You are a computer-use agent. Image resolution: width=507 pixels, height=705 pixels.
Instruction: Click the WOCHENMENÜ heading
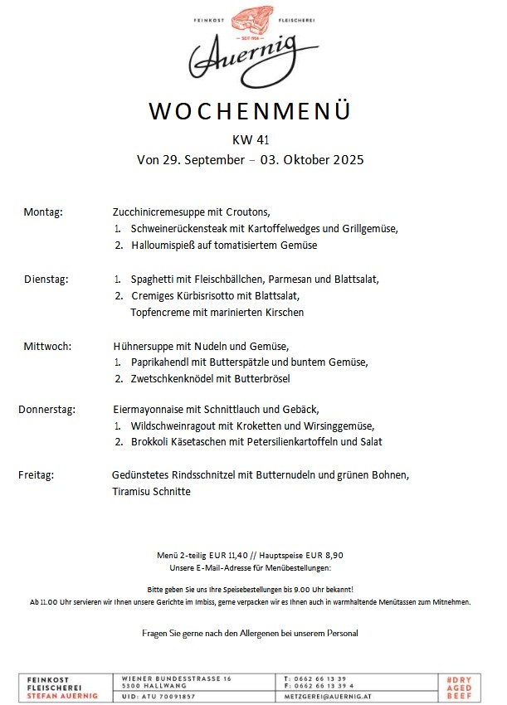pos(250,111)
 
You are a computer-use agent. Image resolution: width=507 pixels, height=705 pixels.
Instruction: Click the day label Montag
pos(43,212)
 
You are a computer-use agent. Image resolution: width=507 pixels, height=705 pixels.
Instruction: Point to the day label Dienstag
pos(46,280)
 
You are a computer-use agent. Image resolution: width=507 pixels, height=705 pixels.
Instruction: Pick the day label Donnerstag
pos(47,409)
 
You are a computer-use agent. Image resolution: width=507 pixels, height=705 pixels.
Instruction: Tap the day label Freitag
pos(37,475)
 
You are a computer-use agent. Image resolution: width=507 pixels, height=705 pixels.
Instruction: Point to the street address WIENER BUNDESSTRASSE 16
pos(176,678)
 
